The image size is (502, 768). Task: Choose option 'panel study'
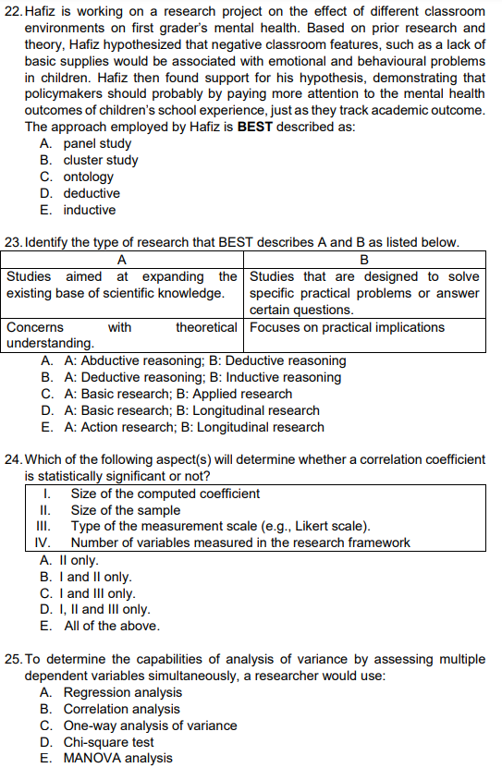[x=97, y=144]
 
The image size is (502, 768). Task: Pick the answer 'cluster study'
[x=101, y=161]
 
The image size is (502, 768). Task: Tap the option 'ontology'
[x=89, y=177]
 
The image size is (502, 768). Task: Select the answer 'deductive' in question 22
[x=92, y=194]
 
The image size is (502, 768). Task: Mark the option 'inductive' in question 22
[x=90, y=211]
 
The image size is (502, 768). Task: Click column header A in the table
[x=123, y=260]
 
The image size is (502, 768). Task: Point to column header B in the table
[x=363, y=260]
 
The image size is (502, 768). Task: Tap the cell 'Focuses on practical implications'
[x=347, y=327]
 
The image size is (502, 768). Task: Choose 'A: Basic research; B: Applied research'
[x=178, y=394]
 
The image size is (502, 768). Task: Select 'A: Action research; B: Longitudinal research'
[x=194, y=427]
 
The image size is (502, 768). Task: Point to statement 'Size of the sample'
[x=126, y=510]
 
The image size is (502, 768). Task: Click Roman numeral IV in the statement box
[x=42, y=543]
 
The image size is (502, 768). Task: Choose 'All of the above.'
[x=112, y=627]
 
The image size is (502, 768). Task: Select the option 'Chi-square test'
[x=109, y=742]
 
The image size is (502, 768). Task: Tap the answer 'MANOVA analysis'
[x=117, y=759]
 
